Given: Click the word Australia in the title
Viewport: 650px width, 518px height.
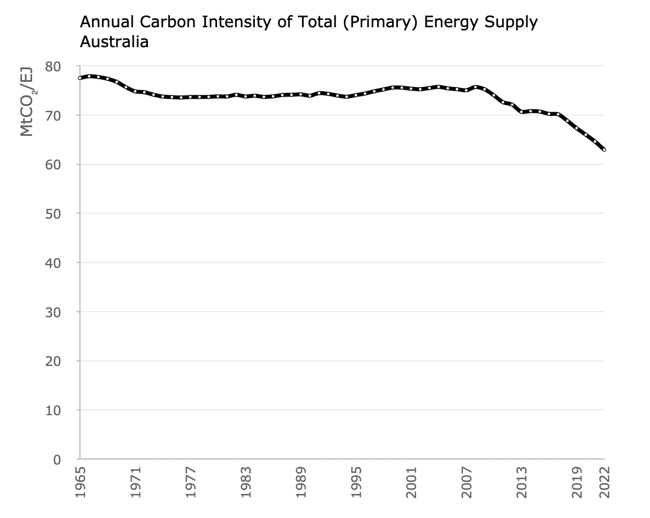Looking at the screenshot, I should [x=114, y=41].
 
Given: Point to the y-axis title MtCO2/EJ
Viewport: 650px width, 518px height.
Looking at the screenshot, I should [x=27, y=102].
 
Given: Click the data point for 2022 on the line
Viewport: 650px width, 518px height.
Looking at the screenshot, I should [x=604, y=150].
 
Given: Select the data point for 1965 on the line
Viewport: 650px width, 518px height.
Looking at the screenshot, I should [x=80, y=78].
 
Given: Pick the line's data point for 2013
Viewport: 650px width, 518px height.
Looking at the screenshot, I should [x=522, y=112].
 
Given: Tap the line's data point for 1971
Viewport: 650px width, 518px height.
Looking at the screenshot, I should [x=135, y=91].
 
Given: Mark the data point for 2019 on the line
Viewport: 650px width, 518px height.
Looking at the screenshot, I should [x=577, y=128].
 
